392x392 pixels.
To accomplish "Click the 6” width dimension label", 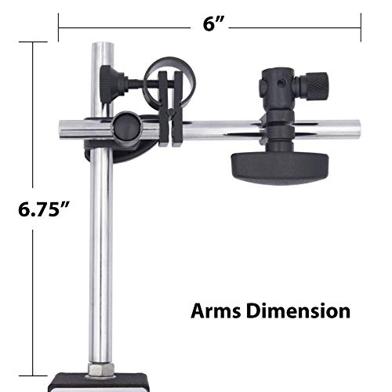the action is pos(213,24).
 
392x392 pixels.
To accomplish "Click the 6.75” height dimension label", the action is pos(44,209).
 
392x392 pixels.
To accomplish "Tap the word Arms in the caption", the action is pos(216,311).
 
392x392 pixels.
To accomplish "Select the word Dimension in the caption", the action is pos(299,311).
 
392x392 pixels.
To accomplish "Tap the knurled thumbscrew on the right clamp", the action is pos(315,85).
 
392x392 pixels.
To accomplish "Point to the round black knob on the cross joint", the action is pos(127,127).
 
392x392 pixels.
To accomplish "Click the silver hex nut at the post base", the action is pos(101,369).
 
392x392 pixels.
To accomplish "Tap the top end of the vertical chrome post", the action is pos(103,44).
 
